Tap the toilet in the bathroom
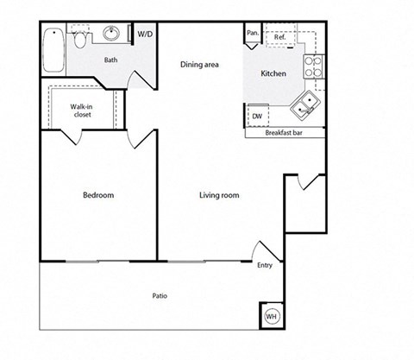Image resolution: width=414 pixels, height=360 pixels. point(79,40)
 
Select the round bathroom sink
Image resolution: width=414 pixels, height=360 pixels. point(112,35)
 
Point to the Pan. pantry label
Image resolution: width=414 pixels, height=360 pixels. point(253,34)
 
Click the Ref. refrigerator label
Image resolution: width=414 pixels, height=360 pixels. point(280,38)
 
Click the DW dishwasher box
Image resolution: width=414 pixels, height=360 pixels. point(257,116)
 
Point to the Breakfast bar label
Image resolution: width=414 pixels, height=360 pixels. point(285,133)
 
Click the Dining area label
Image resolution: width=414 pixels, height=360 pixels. point(198,65)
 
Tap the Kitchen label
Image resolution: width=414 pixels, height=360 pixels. point(273,73)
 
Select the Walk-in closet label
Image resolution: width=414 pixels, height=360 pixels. point(82,110)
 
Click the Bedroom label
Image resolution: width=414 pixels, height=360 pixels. point(98,195)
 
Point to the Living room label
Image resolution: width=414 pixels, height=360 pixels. point(219,195)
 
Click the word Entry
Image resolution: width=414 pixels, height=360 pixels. point(265,265)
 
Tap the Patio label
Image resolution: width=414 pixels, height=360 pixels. point(160,296)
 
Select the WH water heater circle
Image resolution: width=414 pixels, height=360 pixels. point(271,317)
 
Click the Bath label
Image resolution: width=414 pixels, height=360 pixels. point(110,60)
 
